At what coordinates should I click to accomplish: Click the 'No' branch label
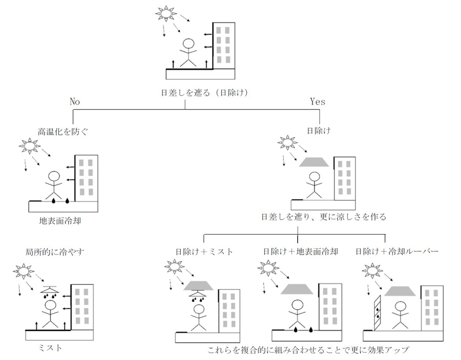tap(75, 101)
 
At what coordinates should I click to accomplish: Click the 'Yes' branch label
tap(318, 101)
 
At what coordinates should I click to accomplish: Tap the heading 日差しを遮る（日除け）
tap(198, 93)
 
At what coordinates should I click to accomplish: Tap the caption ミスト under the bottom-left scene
tap(50, 348)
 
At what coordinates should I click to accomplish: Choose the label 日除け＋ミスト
tap(204, 252)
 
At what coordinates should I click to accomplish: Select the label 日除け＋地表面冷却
tap(300, 252)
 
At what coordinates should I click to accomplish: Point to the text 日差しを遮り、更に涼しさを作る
tap(323, 217)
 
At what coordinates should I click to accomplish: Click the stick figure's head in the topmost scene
tap(189, 44)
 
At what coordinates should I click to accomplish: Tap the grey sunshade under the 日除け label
tap(314, 162)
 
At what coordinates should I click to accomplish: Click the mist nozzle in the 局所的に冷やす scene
tap(50, 289)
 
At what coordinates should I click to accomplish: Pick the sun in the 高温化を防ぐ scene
tap(29, 146)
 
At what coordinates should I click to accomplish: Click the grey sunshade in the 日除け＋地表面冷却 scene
tap(297, 289)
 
